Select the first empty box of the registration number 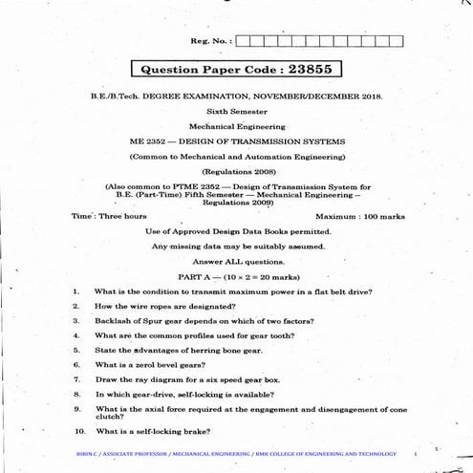(x=242, y=40)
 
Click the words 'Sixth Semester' (x=236, y=112)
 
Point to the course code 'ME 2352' (x=146, y=140)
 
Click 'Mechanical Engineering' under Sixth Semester (x=236, y=126)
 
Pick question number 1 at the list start (x=75, y=290)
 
